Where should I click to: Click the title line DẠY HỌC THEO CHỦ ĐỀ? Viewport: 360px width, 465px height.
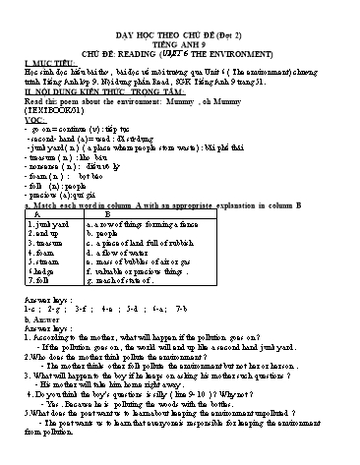pyautogui.click(x=180, y=12)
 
